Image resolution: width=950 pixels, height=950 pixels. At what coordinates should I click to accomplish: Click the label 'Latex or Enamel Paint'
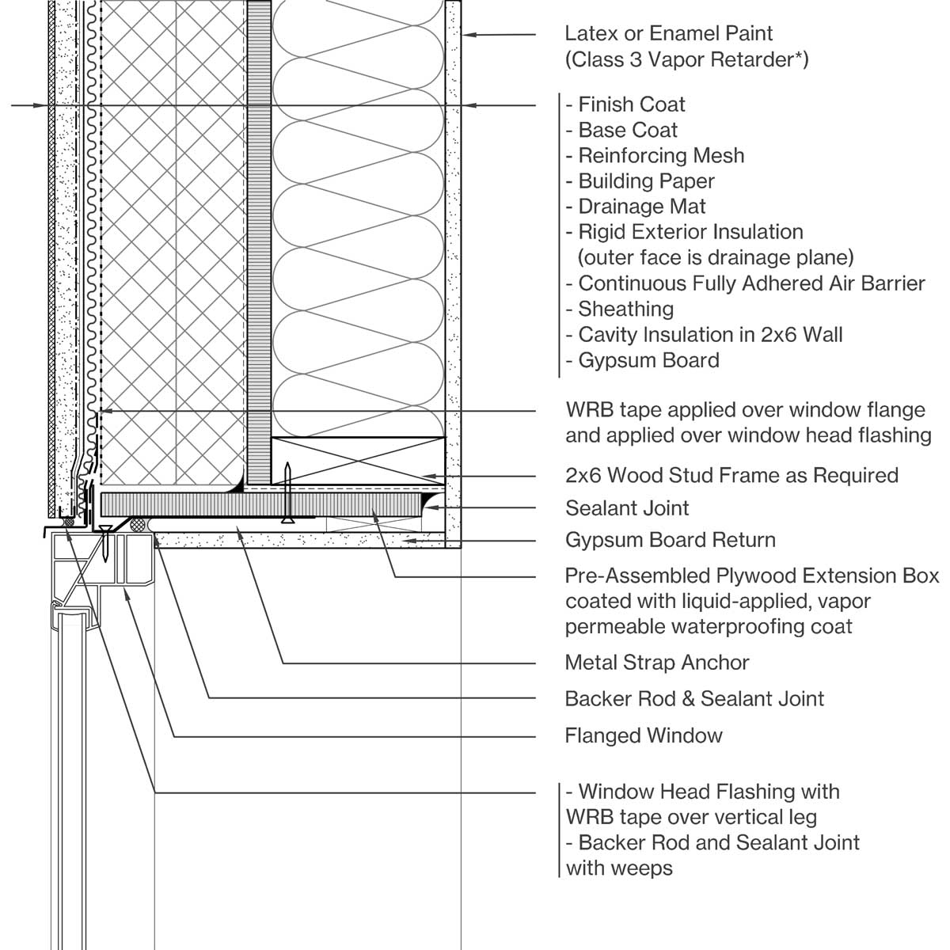[x=668, y=34]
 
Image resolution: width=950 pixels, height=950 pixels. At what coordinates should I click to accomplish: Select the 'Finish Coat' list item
[x=631, y=104]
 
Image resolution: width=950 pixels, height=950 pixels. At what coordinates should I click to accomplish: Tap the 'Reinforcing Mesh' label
[x=661, y=155]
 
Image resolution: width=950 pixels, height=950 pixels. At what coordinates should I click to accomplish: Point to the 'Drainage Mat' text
[x=641, y=207]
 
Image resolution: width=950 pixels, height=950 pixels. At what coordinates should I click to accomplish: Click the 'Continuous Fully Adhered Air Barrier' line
[x=751, y=283]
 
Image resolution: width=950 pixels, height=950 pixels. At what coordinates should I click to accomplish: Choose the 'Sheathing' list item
[x=625, y=309]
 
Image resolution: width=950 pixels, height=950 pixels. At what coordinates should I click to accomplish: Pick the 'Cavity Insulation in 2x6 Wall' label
[x=710, y=335]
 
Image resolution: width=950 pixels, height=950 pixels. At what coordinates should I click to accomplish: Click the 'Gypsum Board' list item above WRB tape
[x=648, y=360]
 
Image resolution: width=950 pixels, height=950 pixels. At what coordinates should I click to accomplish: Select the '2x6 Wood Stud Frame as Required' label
[x=731, y=476]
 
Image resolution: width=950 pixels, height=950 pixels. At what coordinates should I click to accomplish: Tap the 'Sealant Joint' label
[x=627, y=508]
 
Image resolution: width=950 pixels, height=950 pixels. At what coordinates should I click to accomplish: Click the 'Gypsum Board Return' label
[x=670, y=541]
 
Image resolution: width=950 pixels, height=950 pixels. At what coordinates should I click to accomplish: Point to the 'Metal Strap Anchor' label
[x=657, y=663]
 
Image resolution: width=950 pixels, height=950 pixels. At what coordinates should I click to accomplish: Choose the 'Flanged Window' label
[x=644, y=736]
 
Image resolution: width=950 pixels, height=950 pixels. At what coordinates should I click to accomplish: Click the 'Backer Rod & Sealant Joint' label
[x=694, y=699]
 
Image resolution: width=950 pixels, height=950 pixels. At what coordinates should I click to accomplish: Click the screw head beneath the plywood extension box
[x=288, y=520]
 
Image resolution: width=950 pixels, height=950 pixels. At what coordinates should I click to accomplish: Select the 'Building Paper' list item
[x=646, y=181]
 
